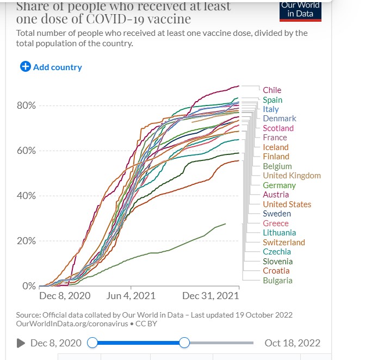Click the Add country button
(x=51, y=67)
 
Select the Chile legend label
(x=272, y=90)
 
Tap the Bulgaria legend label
(x=277, y=281)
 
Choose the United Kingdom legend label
(x=292, y=176)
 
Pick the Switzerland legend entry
(x=283, y=243)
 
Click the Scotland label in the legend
(x=278, y=128)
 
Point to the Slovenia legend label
(x=277, y=261)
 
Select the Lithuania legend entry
(x=279, y=233)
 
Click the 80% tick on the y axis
(x=26, y=105)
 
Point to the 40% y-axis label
(x=26, y=196)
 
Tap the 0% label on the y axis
(x=29, y=286)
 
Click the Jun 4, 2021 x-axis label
(x=131, y=296)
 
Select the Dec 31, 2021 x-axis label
(x=210, y=296)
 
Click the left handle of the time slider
(x=92, y=343)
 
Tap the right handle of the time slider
(x=184, y=343)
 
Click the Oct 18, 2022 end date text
(x=292, y=343)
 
